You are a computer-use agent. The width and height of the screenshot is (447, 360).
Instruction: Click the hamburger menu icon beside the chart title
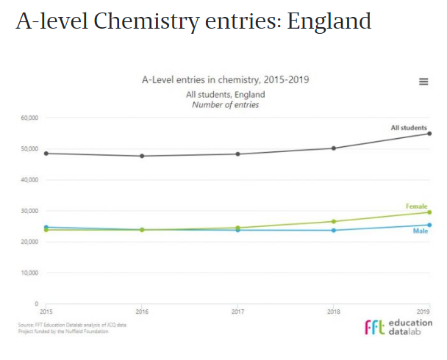[x=423, y=82]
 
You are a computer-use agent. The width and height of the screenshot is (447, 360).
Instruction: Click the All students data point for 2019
[x=429, y=134]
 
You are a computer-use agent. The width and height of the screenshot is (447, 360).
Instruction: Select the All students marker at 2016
[x=142, y=156]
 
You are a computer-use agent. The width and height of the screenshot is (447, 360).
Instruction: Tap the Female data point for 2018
[x=334, y=221]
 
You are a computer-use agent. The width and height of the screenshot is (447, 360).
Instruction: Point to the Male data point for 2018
[x=334, y=230]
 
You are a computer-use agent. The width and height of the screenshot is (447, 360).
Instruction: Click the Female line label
[x=417, y=206]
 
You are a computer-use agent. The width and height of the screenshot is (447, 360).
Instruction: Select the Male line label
[x=421, y=231]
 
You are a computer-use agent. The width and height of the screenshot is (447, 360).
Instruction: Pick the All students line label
[x=409, y=128]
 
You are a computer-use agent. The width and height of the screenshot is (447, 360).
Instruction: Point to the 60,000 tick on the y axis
[x=29, y=118]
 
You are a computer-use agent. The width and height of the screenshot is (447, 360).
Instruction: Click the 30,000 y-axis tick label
[x=29, y=211]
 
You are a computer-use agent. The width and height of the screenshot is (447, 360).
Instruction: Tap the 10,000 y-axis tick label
[x=29, y=273]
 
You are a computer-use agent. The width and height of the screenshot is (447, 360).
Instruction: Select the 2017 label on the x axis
[x=237, y=312]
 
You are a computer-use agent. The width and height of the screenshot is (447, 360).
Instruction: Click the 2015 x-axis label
[x=46, y=312]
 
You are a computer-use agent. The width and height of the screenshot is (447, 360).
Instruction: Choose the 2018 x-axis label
[x=334, y=312]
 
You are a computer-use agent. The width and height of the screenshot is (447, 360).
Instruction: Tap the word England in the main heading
[x=329, y=21]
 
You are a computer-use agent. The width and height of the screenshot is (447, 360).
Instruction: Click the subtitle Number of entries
[x=226, y=104]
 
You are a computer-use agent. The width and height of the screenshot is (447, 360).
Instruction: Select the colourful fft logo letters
[x=375, y=327]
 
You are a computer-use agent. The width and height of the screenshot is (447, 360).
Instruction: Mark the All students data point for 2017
[x=237, y=154]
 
